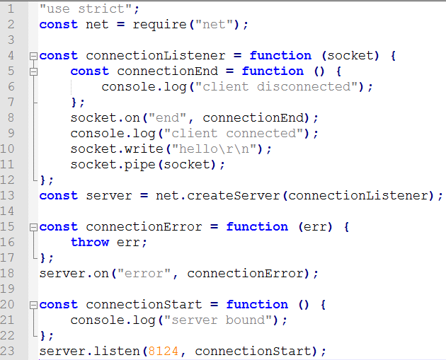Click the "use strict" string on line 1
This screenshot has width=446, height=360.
pos(86,8)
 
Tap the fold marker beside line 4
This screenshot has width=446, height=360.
pos(33,55)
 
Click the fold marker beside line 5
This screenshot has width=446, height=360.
pos(33,71)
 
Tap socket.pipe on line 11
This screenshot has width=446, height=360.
pos(109,164)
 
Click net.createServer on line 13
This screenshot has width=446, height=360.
pos(217,195)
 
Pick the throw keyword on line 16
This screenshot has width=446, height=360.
pos(89,242)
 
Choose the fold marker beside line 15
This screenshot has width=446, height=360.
pos(33,226)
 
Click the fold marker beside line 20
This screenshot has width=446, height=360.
pos(33,304)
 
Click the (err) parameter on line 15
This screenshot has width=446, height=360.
pos(315,226)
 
